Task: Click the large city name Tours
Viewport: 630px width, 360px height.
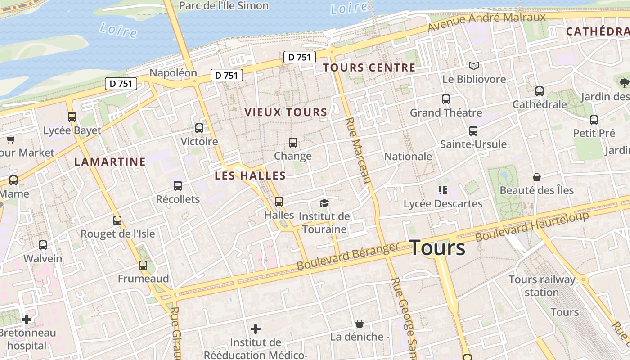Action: tap(437, 248)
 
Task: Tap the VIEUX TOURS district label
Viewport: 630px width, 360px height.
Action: tap(286, 112)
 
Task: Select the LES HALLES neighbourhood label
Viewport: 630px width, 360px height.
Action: tap(250, 175)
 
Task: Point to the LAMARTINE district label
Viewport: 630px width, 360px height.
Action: tap(110, 162)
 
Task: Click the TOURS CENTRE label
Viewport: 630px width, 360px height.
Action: tap(369, 68)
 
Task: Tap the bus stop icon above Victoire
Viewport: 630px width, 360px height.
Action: tap(199, 128)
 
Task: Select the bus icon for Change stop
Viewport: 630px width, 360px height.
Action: tap(293, 143)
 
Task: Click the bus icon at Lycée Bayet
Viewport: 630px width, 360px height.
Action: tap(72, 117)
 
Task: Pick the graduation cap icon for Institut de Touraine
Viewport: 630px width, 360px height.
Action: tap(324, 203)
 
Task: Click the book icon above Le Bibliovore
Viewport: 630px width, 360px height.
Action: tap(473, 66)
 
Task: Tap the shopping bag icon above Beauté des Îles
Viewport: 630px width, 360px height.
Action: tap(536, 177)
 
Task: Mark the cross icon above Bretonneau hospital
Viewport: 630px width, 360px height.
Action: tap(27, 319)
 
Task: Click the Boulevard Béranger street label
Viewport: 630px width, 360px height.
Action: tap(348, 256)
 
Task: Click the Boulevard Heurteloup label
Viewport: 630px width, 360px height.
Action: tap(532, 226)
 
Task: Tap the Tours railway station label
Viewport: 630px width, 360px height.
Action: tap(542, 286)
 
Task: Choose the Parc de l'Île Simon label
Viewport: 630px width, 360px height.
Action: tap(224, 6)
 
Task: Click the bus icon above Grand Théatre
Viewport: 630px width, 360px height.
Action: tap(446, 99)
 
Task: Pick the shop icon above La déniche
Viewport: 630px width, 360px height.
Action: tap(359, 324)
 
